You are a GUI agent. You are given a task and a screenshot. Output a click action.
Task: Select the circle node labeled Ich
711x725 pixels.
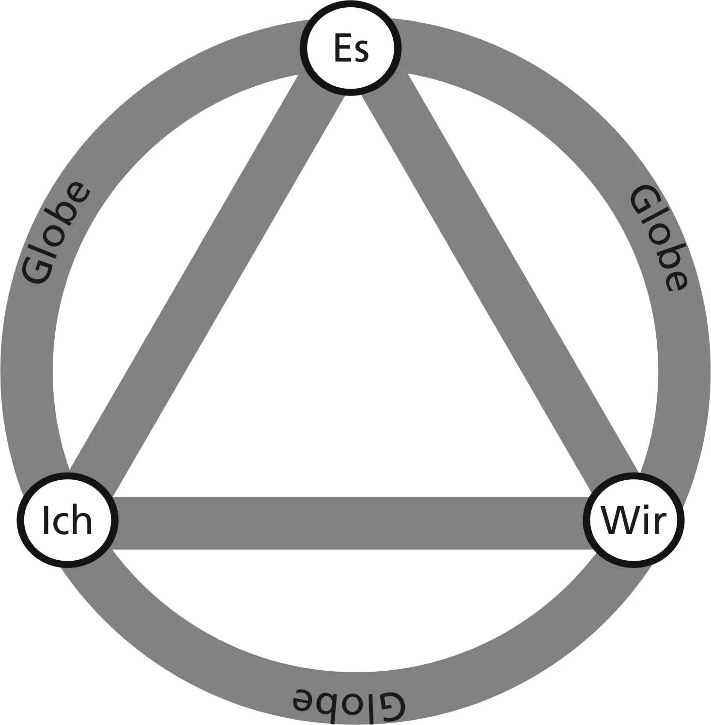(67, 520)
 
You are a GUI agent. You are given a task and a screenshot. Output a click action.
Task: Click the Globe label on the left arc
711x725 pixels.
(57, 232)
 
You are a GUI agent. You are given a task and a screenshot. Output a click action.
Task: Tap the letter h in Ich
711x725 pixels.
(83, 519)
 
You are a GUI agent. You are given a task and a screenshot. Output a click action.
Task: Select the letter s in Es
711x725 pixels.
(361, 52)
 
